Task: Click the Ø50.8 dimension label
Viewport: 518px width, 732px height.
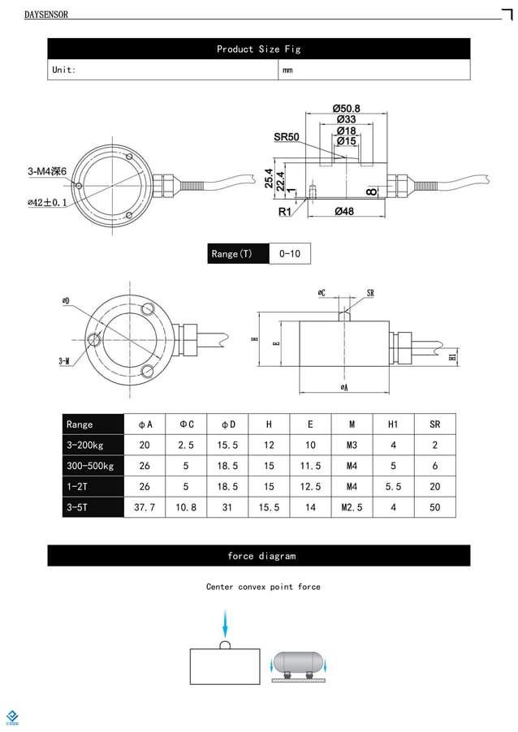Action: click(347, 109)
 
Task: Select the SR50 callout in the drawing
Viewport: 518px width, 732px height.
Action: click(287, 137)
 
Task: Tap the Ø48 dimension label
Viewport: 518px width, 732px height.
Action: click(344, 212)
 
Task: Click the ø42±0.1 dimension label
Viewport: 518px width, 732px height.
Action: click(47, 202)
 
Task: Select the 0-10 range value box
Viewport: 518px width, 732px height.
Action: click(290, 254)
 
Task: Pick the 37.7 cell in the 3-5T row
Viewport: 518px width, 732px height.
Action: click(145, 507)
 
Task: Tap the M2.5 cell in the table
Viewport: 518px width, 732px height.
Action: click(352, 507)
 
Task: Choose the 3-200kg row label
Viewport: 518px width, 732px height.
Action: click(85, 445)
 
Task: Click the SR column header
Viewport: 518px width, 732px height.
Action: click(435, 424)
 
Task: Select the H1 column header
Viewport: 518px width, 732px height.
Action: click(393, 424)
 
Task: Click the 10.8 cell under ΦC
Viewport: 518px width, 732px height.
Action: click(186, 507)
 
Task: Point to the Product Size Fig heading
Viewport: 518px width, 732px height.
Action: click(258, 50)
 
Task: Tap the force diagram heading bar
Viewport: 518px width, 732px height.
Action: click(258, 556)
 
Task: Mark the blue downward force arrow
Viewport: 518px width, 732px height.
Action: click(225, 626)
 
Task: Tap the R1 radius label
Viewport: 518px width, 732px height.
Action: click(285, 212)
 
